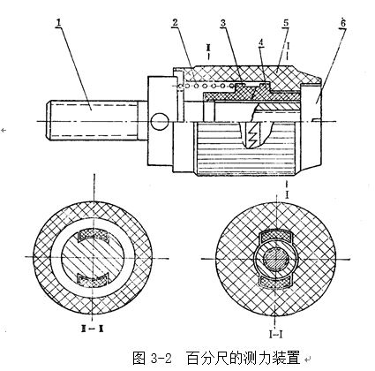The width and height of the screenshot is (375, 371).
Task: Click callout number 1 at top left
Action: [x=59, y=22]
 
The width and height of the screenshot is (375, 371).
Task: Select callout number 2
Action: [x=176, y=22]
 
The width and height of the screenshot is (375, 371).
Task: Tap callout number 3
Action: [x=223, y=23]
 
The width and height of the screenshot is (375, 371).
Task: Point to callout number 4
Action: [x=261, y=42]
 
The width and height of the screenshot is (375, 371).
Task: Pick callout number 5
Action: [x=286, y=22]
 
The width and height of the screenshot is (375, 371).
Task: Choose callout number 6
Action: [x=343, y=23]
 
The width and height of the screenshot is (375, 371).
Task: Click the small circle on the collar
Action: [x=160, y=122]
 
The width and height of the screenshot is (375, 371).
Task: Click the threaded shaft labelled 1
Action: [x=94, y=121]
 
